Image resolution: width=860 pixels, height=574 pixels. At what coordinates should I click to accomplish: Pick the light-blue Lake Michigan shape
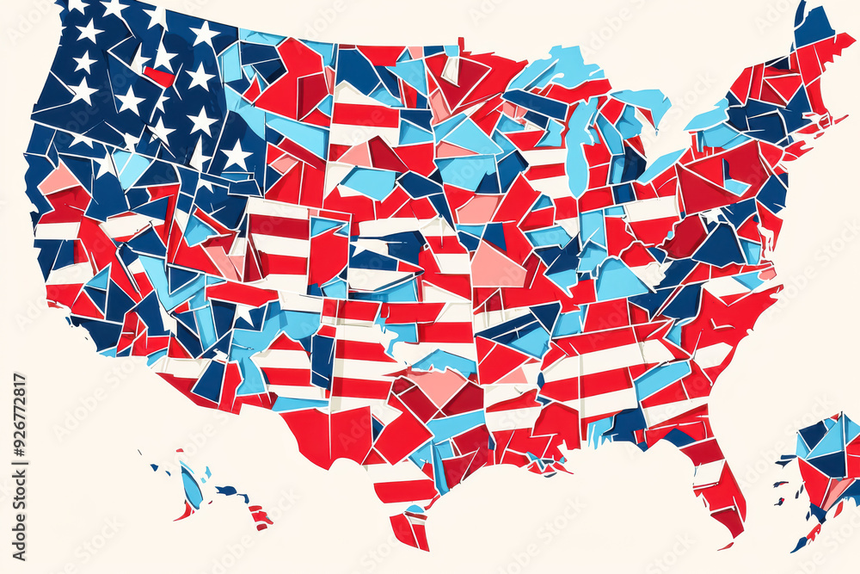click(578, 146)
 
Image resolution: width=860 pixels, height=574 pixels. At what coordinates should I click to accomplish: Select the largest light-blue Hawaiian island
click(191, 486)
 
